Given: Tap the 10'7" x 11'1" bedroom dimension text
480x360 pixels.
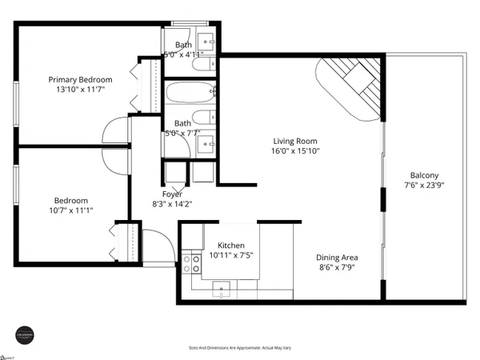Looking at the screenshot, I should pos(71,212).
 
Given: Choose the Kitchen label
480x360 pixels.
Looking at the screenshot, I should pos(226,246).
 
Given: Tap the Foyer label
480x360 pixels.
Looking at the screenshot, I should pos(172,194).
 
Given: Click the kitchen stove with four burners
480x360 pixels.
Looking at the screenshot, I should pos(192,265).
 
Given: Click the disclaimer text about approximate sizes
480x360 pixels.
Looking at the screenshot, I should pos(239,348).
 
